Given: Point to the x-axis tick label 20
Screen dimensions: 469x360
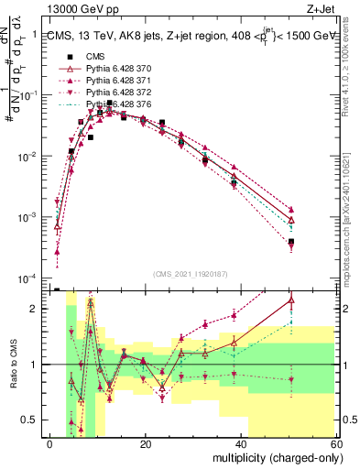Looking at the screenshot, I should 145,443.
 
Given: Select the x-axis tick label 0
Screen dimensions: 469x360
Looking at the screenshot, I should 50,443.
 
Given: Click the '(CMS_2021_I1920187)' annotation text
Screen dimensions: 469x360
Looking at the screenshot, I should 191,273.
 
